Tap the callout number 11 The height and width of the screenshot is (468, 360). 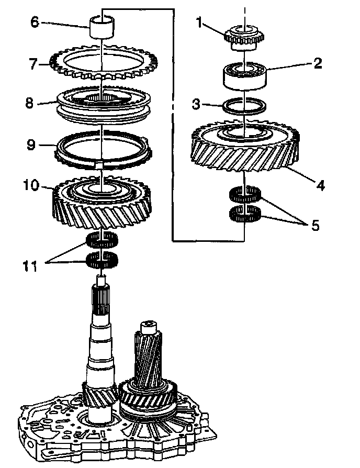pyautogui.click(x=30, y=266)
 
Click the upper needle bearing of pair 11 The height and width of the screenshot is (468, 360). pyautogui.click(x=102, y=241)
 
